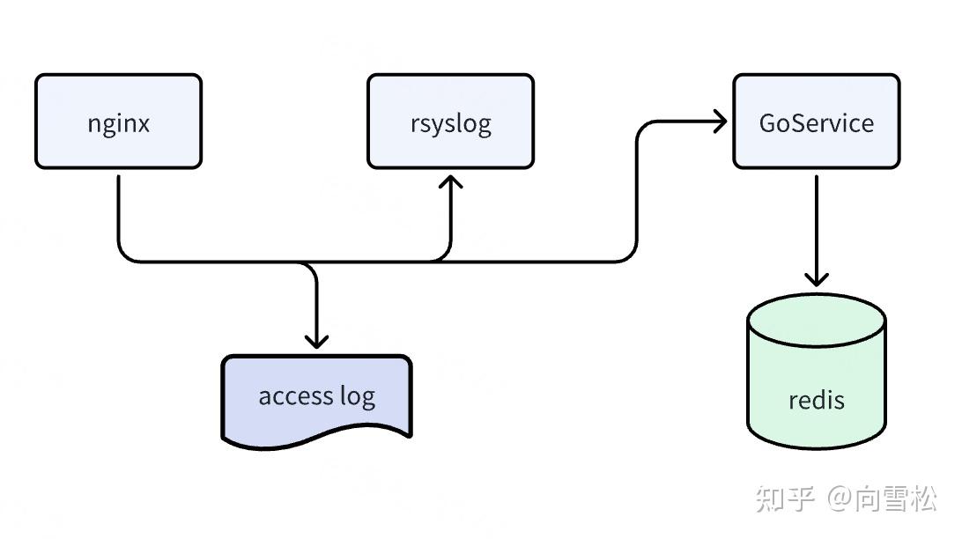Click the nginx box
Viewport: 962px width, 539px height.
pos(118,122)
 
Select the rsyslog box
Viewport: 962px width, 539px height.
pos(450,122)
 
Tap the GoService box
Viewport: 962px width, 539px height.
pos(816,122)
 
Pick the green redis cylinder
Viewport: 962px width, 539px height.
pos(816,370)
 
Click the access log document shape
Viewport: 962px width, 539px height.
pos(315,396)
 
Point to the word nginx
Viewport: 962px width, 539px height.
pos(118,122)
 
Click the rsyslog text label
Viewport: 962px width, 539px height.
pos(450,123)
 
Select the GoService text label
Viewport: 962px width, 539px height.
pos(816,122)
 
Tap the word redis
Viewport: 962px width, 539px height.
pos(816,400)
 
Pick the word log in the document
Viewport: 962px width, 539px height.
pos(357,397)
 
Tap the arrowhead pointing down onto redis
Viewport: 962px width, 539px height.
pos(817,279)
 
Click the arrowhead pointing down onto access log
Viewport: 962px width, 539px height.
pos(315,340)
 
